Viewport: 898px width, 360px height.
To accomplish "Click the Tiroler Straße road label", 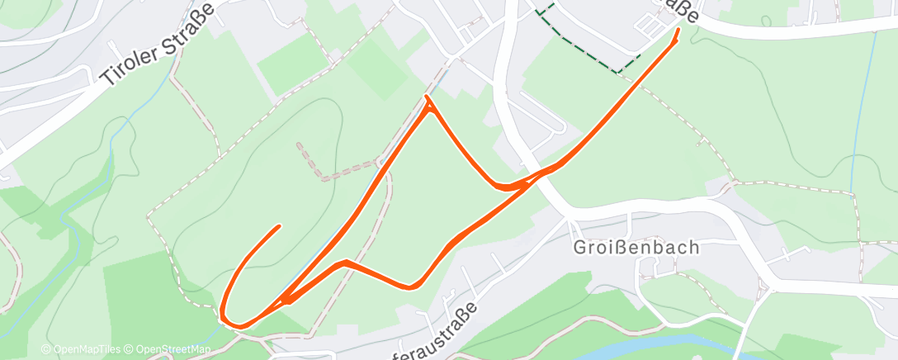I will [157, 44].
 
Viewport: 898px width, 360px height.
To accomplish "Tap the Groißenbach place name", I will [637, 247].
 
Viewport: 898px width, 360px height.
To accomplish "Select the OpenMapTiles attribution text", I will [84, 350].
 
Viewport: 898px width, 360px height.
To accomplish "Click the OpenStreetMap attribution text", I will [173, 350].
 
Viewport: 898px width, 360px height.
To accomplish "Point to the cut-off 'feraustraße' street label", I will [437, 331].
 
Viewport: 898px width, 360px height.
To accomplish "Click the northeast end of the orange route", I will [678, 31].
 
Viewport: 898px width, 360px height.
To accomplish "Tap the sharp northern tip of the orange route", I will [427, 98].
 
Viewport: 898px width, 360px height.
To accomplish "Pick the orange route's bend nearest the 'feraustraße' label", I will [412, 287].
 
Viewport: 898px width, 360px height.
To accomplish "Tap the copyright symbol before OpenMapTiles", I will [46, 350].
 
